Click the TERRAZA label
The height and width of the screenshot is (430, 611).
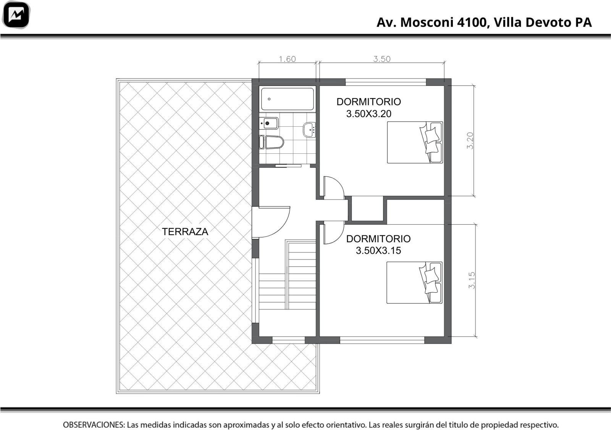tap(185, 232)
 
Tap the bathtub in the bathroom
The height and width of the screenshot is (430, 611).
tap(288, 99)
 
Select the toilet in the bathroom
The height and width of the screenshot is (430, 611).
tap(272, 142)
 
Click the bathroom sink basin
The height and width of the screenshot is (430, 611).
tap(309, 130)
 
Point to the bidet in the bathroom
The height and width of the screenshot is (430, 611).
tap(269, 123)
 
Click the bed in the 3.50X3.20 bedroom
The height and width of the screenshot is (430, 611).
tap(415, 142)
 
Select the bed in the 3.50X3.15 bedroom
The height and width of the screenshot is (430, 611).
tap(415, 283)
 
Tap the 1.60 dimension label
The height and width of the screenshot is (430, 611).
tap(287, 59)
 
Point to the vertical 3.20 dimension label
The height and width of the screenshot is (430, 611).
tap(470, 141)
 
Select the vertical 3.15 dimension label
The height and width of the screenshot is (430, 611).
tap(472, 280)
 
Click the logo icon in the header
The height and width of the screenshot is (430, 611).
tap(16, 15)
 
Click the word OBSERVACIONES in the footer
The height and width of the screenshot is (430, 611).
tap(94, 425)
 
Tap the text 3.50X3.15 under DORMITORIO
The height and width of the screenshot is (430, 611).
tap(378, 250)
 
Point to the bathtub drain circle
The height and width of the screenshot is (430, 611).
tap(269, 99)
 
